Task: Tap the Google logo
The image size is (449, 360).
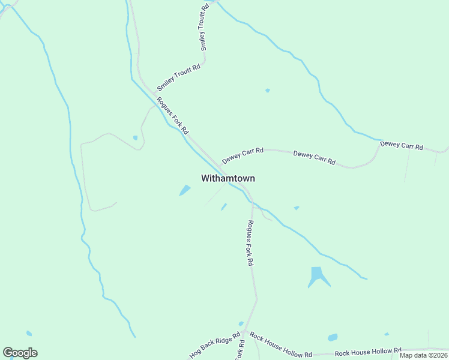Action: pyautogui.click(x=20, y=353)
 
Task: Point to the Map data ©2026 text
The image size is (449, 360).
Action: pyautogui.click(x=424, y=355)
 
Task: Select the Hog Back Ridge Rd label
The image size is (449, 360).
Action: pyautogui.click(x=214, y=346)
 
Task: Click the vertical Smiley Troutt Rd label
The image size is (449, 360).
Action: pyautogui.click(x=205, y=27)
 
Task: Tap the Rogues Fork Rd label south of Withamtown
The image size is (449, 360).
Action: pyautogui.click(x=250, y=242)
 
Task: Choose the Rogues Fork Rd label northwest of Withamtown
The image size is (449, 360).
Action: pyautogui.click(x=173, y=115)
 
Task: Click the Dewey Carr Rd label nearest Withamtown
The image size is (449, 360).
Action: pyautogui.click(x=243, y=155)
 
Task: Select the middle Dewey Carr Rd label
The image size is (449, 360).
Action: pyautogui.click(x=314, y=158)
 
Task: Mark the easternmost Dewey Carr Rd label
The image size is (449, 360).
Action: pyautogui.click(x=402, y=145)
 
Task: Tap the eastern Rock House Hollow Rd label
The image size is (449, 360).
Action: pyautogui.click(x=368, y=352)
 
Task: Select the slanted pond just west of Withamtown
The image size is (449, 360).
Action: pyautogui.click(x=185, y=190)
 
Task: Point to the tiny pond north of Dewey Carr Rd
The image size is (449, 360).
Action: pyautogui.click(x=268, y=91)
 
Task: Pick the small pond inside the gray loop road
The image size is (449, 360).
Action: pyautogui.click(x=136, y=137)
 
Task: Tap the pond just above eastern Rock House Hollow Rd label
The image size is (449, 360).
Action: pyautogui.click(x=333, y=337)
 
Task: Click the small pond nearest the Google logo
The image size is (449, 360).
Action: pyautogui.click(x=29, y=333)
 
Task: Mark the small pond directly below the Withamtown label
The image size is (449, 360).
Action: pyautogui.click(x=224, y=207)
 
